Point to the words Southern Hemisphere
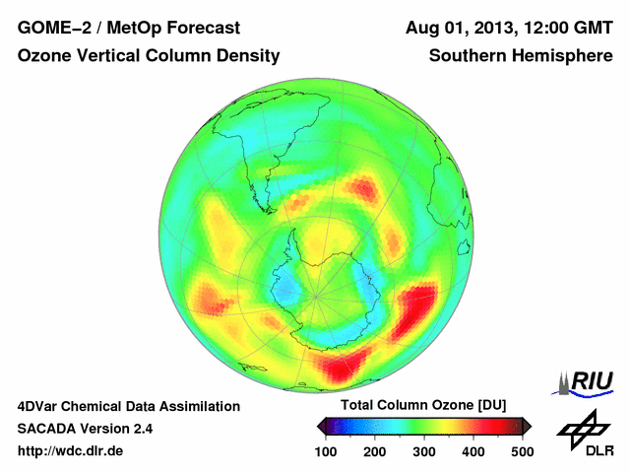(521, 56)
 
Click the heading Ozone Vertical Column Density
(149, 56)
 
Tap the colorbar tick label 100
(326, 451)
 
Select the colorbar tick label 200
(375, 451)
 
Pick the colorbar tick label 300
(424, 451)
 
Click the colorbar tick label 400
(473, 451)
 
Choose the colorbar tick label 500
(522, 451)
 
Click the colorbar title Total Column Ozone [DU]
(422, 406)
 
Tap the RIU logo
(587, 381)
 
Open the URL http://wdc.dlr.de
(71, 451)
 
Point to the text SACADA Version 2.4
(86, 429)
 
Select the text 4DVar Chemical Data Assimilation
(129, 406)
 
